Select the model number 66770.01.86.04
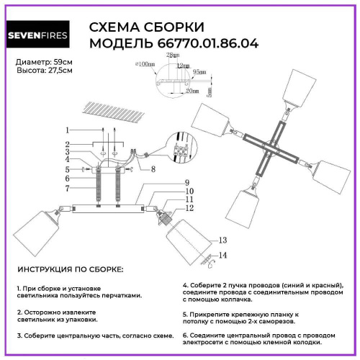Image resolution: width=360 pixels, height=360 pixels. tap(210, 44)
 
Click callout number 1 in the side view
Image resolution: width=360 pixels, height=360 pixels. tap(66, 130)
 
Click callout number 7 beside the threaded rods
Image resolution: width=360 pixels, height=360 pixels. tap(66, 189)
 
